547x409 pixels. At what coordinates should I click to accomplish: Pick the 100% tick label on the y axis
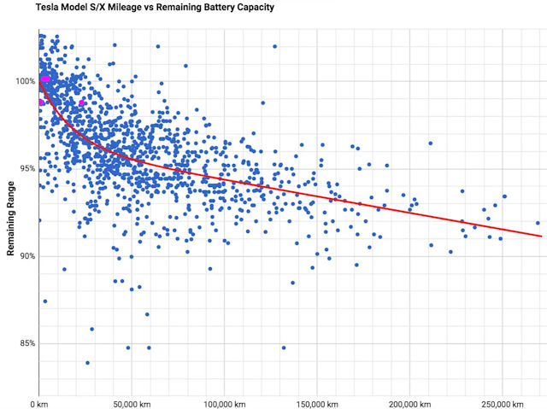click(24, 81)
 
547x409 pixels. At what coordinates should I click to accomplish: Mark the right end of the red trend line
click(542, 236)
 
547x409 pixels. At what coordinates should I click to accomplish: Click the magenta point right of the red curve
click(82, 103)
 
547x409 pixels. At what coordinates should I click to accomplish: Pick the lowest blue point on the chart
click(87, 363)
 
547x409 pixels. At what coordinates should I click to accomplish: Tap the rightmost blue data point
click(538, 223)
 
